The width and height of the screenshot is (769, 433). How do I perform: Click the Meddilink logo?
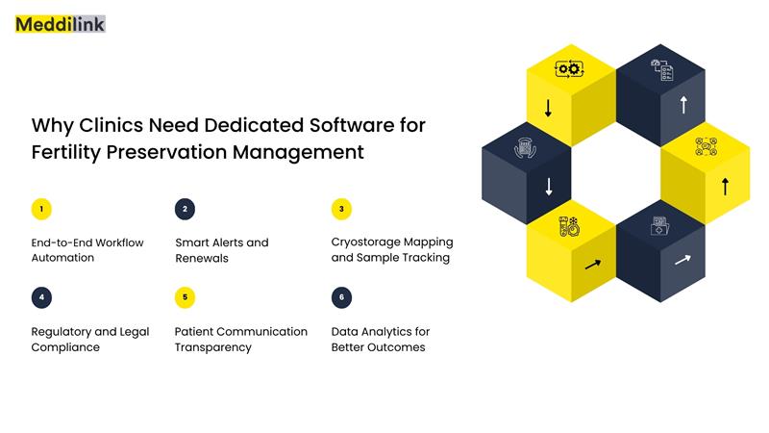[60, 24]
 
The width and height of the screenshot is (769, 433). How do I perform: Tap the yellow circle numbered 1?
[41, 209]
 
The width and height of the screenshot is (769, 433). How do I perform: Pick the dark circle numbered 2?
[186, 209]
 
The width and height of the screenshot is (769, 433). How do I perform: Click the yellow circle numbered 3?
[341, 209]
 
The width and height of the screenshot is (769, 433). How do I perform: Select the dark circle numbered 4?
[41, 297]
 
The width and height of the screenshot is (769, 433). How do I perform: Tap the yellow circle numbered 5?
[186, 297]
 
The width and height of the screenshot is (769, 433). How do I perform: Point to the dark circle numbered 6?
[341, 297]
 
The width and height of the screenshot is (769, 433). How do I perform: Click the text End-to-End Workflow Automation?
[87, 250]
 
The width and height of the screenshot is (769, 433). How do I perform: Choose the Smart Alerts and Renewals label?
[222, 250]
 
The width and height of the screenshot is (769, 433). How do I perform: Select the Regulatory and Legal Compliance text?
[90, 339]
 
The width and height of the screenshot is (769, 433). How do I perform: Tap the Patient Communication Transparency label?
[241, 339]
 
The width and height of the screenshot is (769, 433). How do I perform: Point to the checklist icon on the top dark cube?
[661, 69]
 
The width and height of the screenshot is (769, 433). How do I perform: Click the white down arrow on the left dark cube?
[548, 185]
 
